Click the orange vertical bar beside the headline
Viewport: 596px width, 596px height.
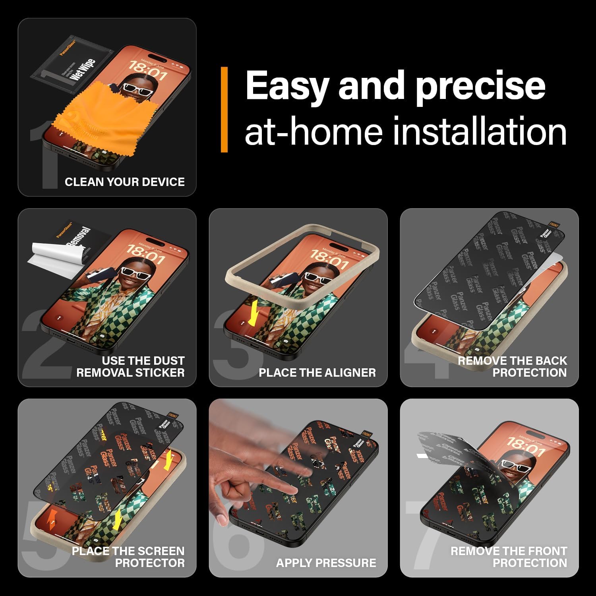(x=224, y=109)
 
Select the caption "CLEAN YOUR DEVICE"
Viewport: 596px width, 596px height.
(x=124, y=182)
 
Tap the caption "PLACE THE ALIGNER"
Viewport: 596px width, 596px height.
(x=317, y=373)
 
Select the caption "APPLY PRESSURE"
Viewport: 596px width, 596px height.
(x=326, y=563)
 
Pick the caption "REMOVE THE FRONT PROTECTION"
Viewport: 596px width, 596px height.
(x=509, y=557)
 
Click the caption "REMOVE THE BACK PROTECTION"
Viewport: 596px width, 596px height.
(x=512, y=366)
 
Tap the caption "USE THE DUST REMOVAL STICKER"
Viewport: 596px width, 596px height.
(x=130, y=366)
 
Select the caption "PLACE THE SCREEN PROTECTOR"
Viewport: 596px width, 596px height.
(x=128, y=557)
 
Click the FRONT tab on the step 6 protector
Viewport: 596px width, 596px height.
(x=367, y=435)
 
